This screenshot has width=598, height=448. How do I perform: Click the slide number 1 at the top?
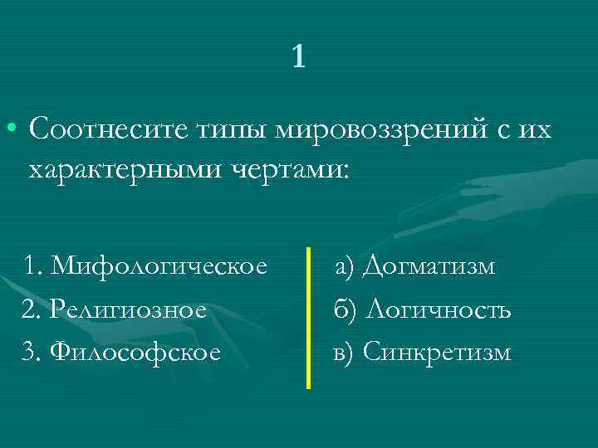point(299,56)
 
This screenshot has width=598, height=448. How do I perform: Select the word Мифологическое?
point(159,266)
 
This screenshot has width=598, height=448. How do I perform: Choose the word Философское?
point(135,353)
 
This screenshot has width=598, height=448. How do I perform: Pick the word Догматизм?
point(429,266)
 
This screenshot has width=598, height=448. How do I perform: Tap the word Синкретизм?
point(437,353)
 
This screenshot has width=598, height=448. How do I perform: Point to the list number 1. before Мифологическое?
point(33,266)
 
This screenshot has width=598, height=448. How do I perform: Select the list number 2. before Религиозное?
point(30,310)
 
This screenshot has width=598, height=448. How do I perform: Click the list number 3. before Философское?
point(30,353)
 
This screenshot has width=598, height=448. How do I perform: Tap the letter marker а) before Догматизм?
point(345,266)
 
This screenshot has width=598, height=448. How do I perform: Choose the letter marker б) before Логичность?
point(344,310)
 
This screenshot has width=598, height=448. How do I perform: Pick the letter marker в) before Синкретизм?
point(343,353)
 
